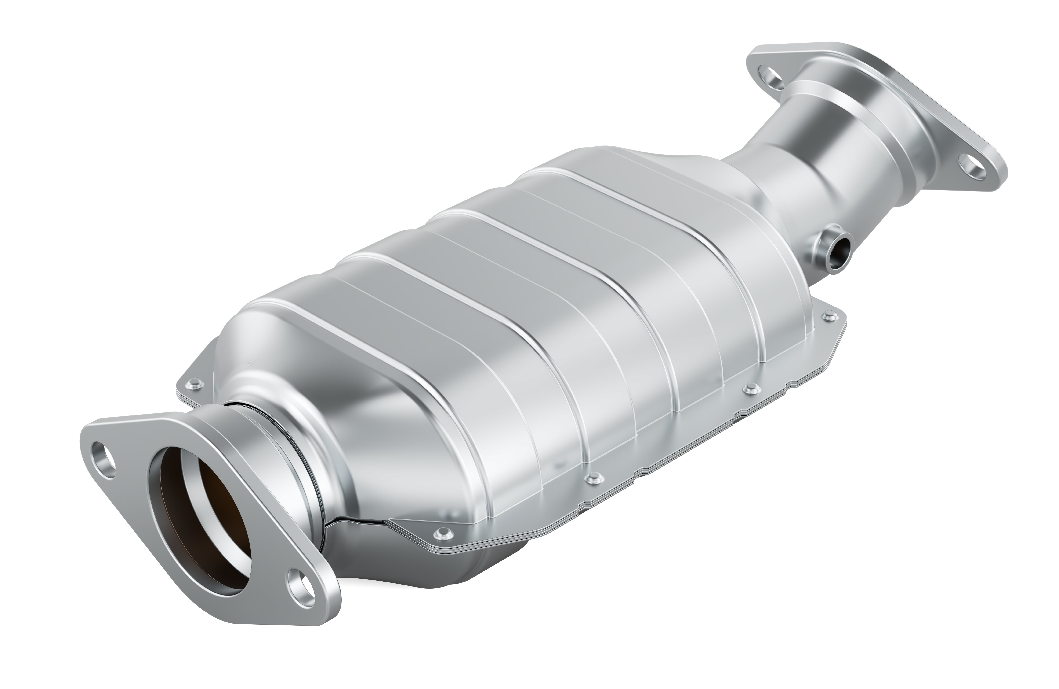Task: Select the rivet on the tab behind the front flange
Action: coord(194,384)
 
